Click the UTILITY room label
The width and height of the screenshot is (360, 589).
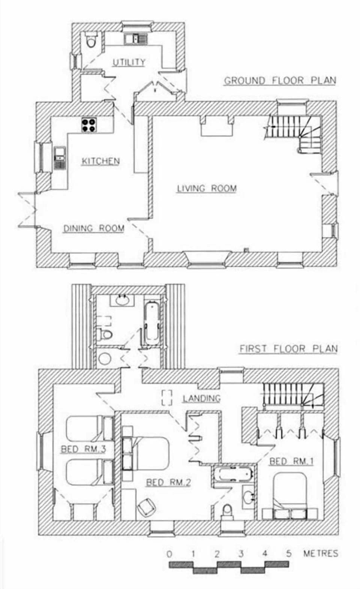[x=129, y=62]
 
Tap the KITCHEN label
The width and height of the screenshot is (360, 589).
[x=100, y=161]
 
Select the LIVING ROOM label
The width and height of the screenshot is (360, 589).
[x=207, y=188]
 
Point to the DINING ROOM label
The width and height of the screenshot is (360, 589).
[x=93, y=228]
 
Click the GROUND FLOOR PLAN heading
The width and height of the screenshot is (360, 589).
[x=280, y=81]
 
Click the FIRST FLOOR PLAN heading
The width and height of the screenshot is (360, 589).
[x=288, y=349]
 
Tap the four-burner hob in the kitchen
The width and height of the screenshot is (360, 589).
[x=89, y=125]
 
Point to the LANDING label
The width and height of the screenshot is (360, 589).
[x=201, y=398]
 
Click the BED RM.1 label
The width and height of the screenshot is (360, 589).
[x=291, y=461]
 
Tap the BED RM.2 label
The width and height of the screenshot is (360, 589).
[x=168, y=482]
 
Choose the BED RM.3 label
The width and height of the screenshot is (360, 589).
[x=83, y=449]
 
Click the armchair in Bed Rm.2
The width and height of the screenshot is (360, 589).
[x=147, y=509]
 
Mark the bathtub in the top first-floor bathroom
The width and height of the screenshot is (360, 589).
[x=151, y=321]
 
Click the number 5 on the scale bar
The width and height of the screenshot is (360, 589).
[x=288, y=553]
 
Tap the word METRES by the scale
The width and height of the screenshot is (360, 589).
[x=320, y=553]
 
